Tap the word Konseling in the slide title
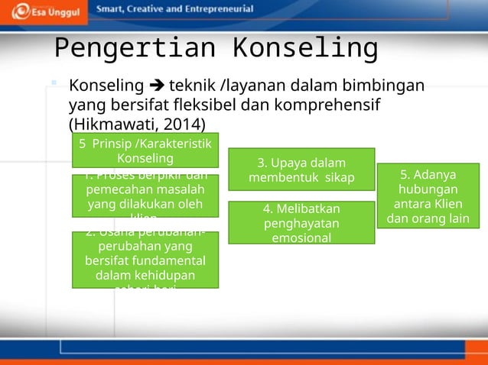[305, 48]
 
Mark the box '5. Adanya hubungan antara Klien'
[428, 196]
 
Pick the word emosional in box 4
[301, 238]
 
